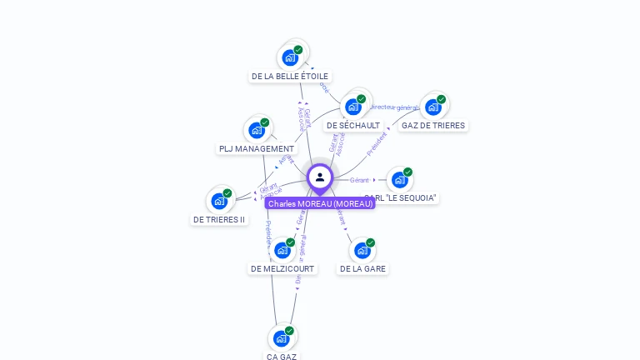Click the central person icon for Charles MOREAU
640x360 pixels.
pos(320,177)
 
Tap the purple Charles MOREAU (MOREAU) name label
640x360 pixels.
pos(320,203)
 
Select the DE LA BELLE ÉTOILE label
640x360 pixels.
pos(290,76)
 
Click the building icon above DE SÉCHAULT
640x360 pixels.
pos(353,107)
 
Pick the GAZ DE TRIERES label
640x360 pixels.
pos(432,126)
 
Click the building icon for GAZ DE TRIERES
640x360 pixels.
pos(432,107)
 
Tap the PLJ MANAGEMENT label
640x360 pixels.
pos(257,149)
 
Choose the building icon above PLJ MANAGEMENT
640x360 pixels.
pos(257,130)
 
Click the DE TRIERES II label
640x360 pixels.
pos(219,220)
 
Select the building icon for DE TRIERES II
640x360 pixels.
pos(219,201)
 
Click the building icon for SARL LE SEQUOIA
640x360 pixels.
pos(400,179)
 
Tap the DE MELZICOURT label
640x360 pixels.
pos(282,269)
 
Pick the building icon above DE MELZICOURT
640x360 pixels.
pos(282,250)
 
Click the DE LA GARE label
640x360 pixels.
pos(362,269)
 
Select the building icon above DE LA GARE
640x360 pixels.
pos(362,250)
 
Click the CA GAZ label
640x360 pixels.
pos(282,357)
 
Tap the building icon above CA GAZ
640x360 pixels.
pos(282,337)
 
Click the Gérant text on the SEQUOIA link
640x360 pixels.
pos(359,180)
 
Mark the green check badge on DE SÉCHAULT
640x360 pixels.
pos(362,98)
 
